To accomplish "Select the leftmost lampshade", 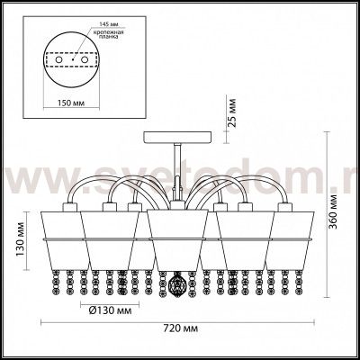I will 61,237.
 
